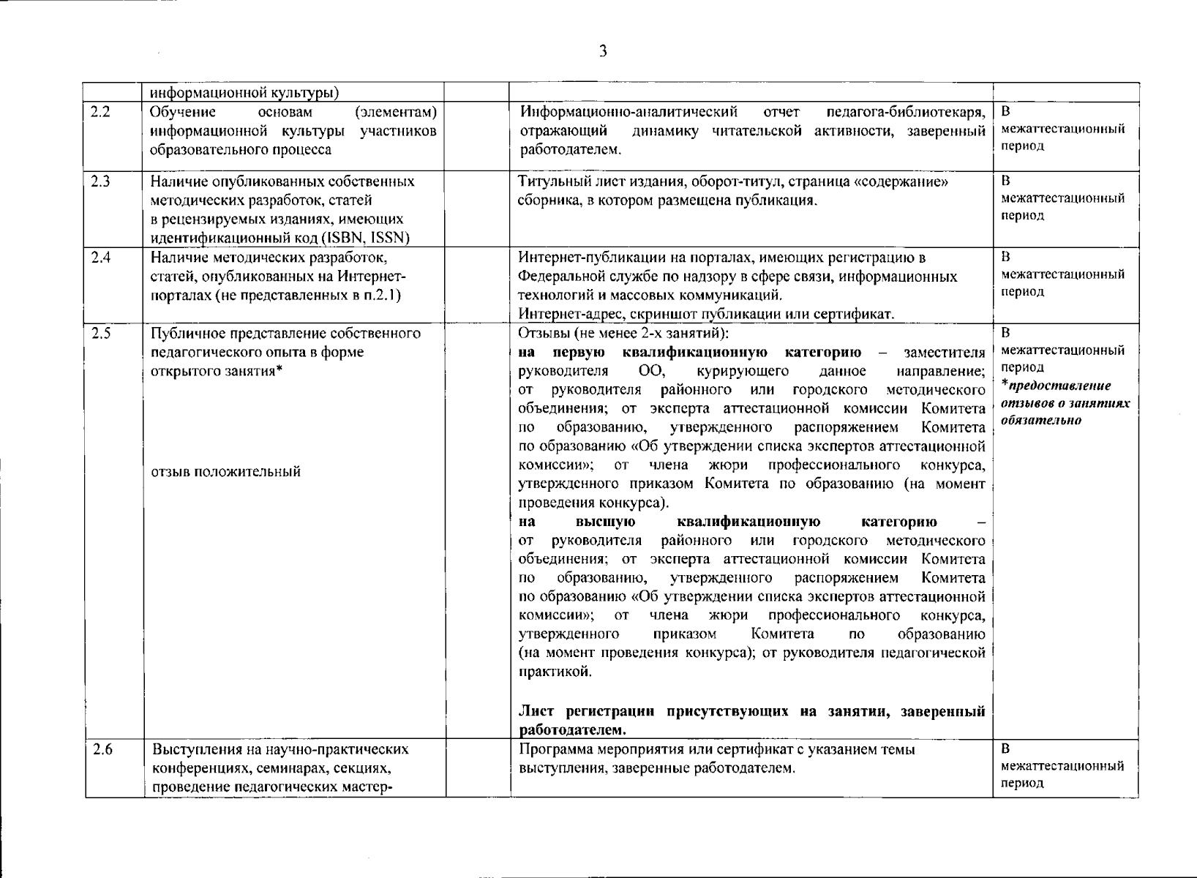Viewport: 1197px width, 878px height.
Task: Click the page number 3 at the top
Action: click(602, 50)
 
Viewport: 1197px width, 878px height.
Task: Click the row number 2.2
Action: click(100, 113)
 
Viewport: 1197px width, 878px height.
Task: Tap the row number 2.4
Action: click(100, 258)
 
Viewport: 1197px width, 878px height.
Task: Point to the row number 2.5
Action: click(100, 334)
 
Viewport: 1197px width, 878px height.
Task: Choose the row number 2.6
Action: click(102, 749)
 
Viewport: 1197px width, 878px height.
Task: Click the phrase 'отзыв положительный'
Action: click(225, 472)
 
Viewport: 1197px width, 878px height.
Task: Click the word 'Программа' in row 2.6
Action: click(549, 749)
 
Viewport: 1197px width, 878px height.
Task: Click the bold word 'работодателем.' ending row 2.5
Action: click(572, 730)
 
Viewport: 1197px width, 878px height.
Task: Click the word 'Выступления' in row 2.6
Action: click(192, 749)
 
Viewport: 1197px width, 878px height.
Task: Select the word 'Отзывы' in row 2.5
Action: click(541, 334)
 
